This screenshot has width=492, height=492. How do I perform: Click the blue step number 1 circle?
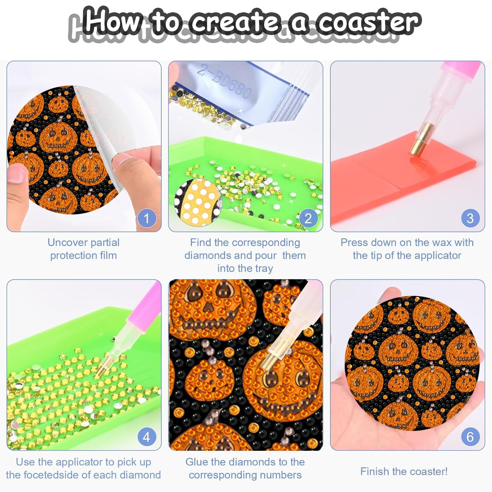click(147, 219)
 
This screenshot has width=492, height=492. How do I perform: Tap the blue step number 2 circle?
click(308, 219)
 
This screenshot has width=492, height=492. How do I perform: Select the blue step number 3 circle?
click(470, 218)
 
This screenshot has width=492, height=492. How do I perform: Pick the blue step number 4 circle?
click(147, 437)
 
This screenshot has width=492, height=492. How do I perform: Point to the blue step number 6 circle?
click(470, 437)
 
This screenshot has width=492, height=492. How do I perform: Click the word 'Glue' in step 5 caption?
click(197, 462)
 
